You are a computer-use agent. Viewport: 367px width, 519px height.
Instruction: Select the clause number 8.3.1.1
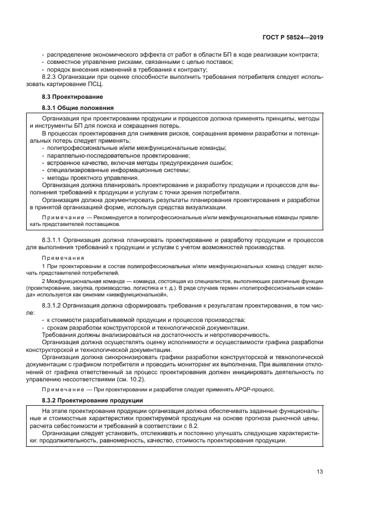pos(54,240)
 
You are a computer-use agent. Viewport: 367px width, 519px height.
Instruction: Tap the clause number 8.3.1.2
pos(54,306)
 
